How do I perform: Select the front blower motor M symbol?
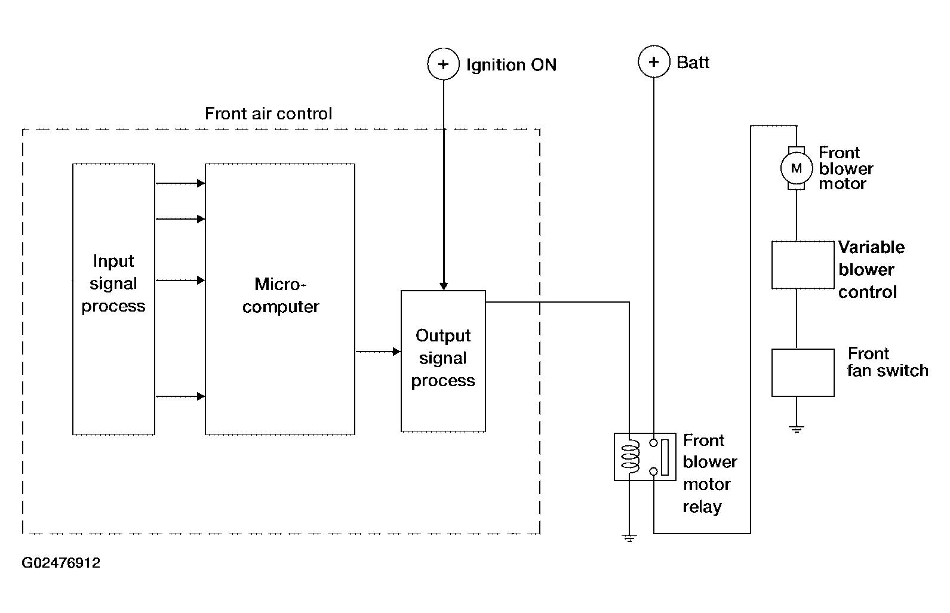pos(797,168)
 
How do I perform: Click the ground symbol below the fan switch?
pos(797,429)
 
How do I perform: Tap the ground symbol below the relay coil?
pos(629,538)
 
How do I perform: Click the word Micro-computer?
pos(280,295)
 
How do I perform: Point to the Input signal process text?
pos(113,283)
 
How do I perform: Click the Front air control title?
pos(269,113)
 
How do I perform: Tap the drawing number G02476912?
pos(61,562)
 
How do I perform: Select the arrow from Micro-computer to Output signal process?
pos(378,352)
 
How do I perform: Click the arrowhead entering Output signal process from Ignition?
pos(444,287)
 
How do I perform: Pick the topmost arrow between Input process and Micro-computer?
pos(180,183)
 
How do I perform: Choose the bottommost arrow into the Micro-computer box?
pos(180,396)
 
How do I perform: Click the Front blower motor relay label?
pos(709,473)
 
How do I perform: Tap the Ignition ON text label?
pos(512,65)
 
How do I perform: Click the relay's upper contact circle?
pos(654,443)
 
